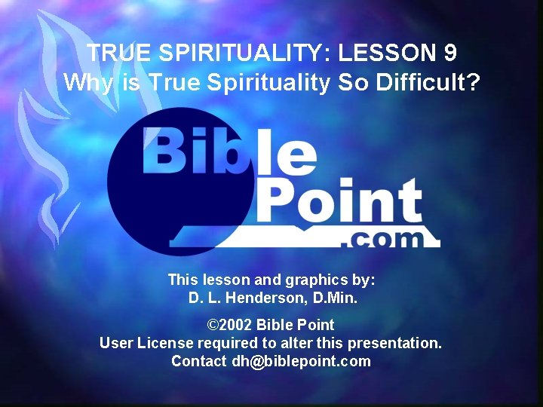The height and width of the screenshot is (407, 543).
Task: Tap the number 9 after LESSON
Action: tap(449, 53)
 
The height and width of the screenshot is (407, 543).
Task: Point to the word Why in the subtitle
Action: tap(87, 82)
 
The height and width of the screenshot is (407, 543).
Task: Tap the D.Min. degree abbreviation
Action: tap(336, 298)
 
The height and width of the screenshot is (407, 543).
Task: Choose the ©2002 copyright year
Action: tap(230, 326)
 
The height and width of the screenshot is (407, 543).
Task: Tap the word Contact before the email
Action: tap(198, 361)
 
